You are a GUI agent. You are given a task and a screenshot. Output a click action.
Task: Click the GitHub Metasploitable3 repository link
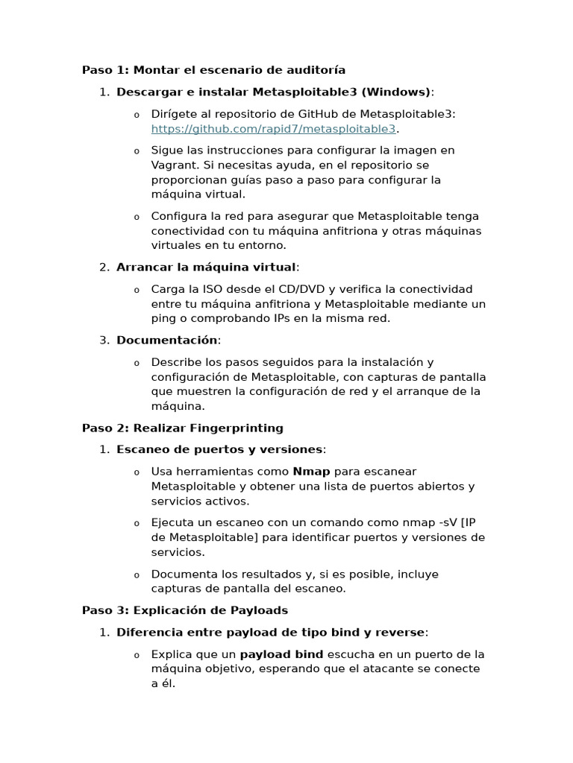pos(273,128)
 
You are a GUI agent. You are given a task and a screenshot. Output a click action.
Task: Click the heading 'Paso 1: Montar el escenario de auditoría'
pos(213,70)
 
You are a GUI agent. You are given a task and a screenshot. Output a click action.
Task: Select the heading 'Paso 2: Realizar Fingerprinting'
pos(182,428)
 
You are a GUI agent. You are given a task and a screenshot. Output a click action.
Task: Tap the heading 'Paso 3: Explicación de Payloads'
pos(184,610)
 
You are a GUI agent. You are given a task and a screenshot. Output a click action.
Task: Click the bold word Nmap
pos(311,472)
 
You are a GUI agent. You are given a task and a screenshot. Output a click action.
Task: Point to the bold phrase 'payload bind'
pos(281,654)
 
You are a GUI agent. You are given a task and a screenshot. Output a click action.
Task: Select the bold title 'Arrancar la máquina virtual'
pos(206,267)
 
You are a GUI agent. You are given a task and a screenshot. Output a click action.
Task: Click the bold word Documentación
pos(166,340)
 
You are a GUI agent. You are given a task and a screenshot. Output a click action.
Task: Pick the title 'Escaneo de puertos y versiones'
pos(219,449)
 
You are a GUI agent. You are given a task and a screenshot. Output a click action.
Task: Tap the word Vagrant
pos(172,165)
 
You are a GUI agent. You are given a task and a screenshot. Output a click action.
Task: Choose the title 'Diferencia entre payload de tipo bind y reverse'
pos(270,632)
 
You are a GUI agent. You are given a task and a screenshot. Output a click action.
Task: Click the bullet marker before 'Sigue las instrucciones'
pos(136,151)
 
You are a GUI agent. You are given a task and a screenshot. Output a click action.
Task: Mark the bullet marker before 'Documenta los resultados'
pos(136,575)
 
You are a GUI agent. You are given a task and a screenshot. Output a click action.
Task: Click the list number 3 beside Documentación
pos(103,340)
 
